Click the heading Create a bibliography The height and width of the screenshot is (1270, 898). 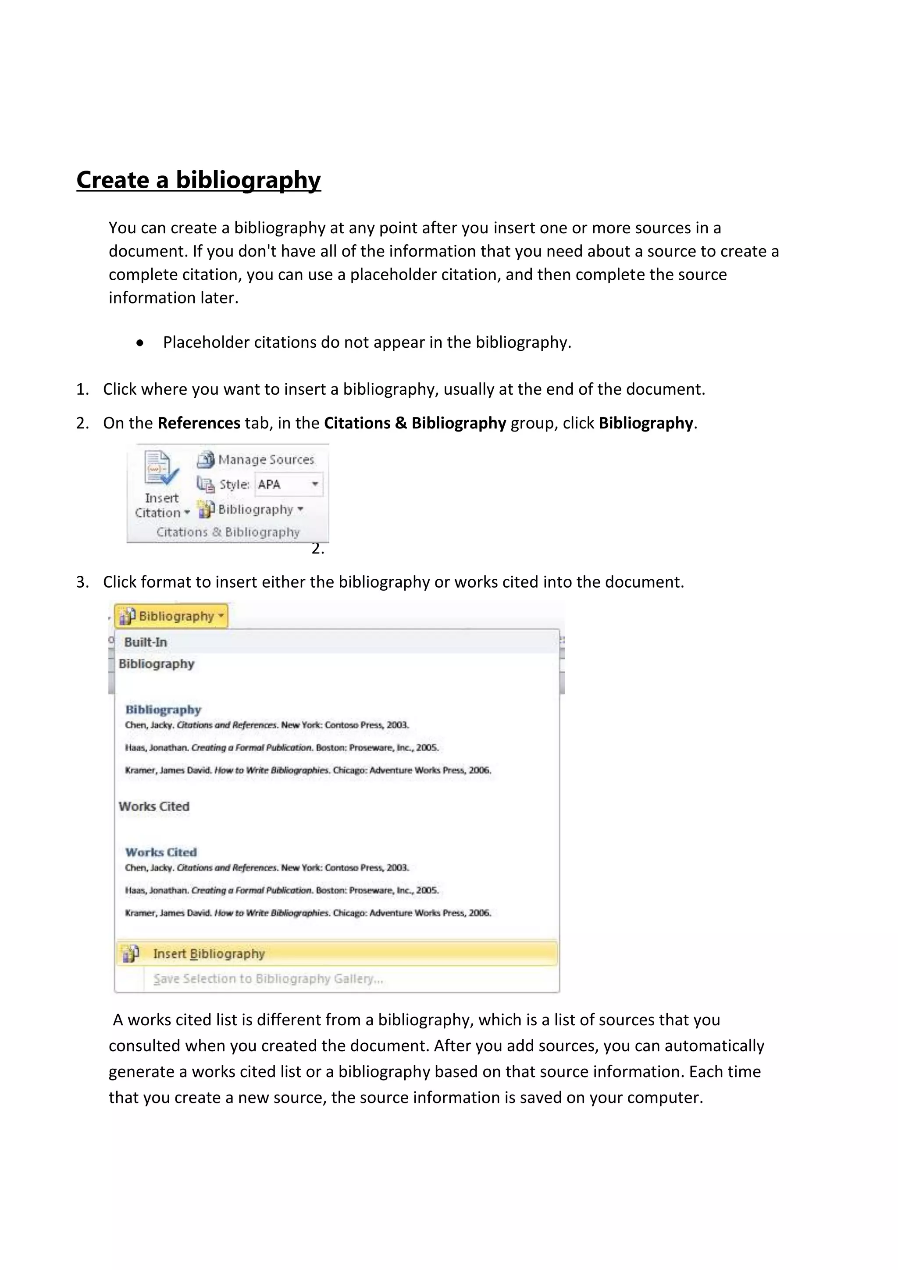(199, 180)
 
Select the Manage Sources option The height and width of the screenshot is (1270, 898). (256, 460)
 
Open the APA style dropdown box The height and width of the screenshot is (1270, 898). (289, 485)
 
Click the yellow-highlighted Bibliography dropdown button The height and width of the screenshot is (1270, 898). (171, 616)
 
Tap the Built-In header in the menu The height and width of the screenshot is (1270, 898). (146, 642)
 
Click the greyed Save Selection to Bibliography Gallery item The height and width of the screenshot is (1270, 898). (268, 978)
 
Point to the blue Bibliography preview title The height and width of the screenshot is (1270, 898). (163, 710)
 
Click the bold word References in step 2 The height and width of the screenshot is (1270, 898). (199, 423)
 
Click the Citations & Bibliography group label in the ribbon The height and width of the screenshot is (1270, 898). (228, 532)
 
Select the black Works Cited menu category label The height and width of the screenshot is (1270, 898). (154, 806)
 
